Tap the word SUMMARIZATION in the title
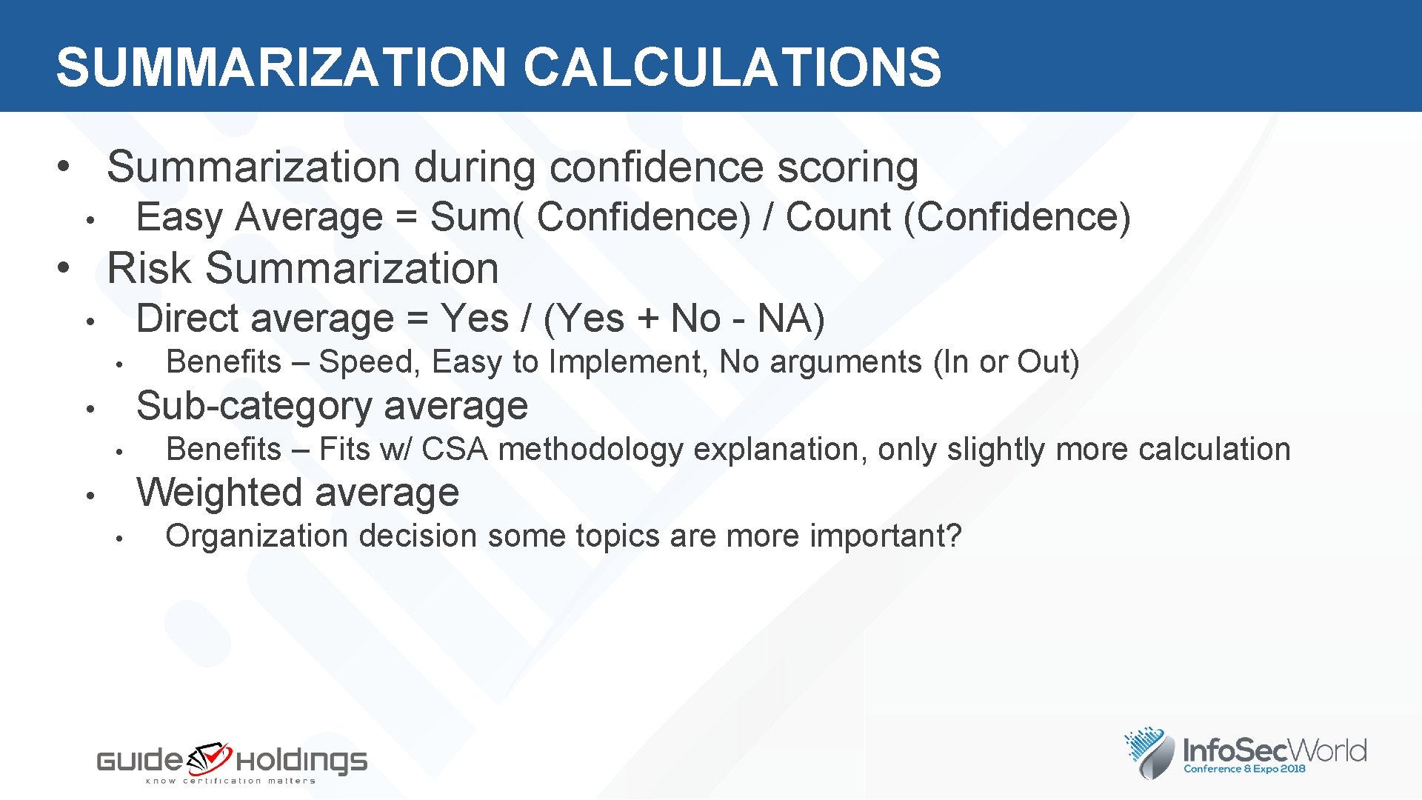point(281,67)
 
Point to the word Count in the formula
point(838,218)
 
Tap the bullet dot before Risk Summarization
point(64,267)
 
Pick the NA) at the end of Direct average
point(790,319)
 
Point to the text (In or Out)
point(1006,362)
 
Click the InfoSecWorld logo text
point(1274,751)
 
